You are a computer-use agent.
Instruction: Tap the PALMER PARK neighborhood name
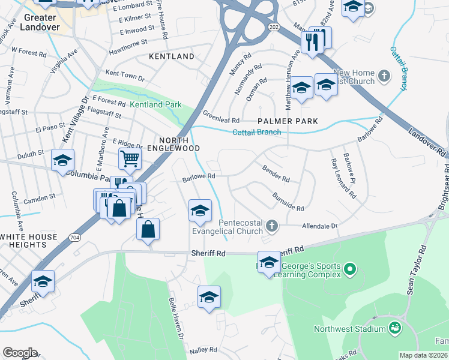pos(288,121)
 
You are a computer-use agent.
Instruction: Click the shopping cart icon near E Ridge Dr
pos(130,158)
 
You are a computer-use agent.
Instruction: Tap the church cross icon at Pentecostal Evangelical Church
pos(272,226)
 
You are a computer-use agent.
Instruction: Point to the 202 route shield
pos(274,28)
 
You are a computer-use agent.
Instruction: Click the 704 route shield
pos(74,220)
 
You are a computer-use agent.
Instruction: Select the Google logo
pos(20,353)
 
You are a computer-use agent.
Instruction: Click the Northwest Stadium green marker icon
pos(395,328)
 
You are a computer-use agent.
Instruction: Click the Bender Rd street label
pos(276,175)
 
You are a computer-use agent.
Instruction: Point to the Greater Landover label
pos(41,22)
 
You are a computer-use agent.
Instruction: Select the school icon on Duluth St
pos(62,160)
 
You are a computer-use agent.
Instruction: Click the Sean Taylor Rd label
pos(418,273)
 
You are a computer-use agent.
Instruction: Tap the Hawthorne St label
pos(127,43)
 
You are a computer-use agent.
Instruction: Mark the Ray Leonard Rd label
pos(343,179)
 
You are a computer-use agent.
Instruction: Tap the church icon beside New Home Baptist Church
pos(385,76)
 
